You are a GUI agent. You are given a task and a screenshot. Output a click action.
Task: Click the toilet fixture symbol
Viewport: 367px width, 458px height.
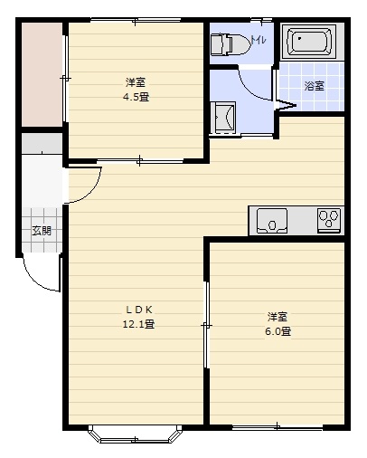[x=231, y=44]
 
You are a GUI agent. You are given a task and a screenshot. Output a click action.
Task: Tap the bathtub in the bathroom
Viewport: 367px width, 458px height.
[x=309, y=42]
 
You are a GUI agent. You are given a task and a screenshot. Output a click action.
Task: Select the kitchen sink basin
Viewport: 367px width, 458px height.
[x=271, y=221]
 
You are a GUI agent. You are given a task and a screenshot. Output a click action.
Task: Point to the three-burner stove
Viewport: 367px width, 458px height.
[x=329, y=221]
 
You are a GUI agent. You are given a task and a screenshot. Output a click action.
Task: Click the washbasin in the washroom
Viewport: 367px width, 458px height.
[x=222, y=118]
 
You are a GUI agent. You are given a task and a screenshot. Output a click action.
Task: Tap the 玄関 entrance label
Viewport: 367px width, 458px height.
[x=42, y=231]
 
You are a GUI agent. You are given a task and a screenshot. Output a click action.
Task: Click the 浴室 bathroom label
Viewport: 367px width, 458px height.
[x=314, y=86]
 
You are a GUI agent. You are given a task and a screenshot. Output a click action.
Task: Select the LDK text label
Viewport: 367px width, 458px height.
[x=139, y=310]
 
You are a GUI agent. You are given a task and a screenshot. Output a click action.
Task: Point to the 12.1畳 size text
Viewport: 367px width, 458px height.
[x=138, y=324]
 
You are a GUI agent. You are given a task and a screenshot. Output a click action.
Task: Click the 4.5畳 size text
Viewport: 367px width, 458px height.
[x=136, y=97]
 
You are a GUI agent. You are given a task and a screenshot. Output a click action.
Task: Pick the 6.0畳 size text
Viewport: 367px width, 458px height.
[x=278, y=331]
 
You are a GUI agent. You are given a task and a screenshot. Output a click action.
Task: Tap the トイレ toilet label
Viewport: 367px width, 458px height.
[x=259, y=40]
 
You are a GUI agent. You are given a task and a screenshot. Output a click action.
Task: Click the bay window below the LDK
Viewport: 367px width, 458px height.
[x=136, y=434]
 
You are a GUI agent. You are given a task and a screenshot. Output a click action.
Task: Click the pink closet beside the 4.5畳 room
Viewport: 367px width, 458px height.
[x=42, y=74]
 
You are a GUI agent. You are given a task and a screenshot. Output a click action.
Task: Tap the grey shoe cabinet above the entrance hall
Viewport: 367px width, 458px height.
[x=42, y=143]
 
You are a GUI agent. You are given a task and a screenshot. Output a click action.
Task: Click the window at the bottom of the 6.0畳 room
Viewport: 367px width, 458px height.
[x=278, y=427]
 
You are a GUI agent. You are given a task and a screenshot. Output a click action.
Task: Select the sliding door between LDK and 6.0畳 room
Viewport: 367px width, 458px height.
[x=206, y=325]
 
